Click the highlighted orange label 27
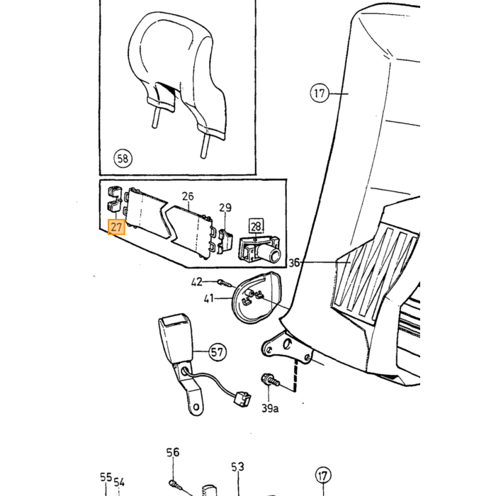[x=116, y=227]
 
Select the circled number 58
[x=123, y=158]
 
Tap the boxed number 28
[x=256, y=226]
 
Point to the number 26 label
[x=188, y=196]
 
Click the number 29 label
[x=225, y=208]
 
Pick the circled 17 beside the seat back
[x=320, y=94]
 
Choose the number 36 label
[x=294, y=263]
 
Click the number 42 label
[x=197, y=282]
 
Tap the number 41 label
[x=209, y=298]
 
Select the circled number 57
[x=218, y=351]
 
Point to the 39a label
[x=270, y=408]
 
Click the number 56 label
[x=173, y=452]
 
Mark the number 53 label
[x=237, y=467]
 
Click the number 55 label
[x=106, y=478]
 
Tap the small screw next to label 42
[x=226, y=283]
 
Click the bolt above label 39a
[x=269, y=381]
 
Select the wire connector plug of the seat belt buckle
[x=242, y=399]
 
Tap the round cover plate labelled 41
[x=257, y=298]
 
